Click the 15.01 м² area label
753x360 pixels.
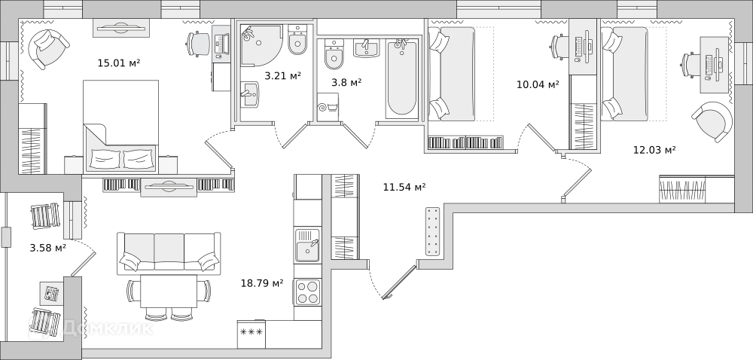119,63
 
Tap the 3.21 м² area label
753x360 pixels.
283,75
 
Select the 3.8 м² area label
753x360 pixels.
346,83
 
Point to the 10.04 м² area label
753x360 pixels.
538,85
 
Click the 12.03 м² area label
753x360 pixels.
654,150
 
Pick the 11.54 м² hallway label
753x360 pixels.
404,188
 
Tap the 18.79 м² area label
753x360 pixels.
262,284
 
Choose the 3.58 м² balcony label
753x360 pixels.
48,249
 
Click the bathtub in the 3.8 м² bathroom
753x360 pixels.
401,79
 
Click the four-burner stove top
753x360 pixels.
307,291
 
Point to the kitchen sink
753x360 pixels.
307,246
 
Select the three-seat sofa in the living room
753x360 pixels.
169,253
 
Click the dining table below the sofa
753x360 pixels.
169,291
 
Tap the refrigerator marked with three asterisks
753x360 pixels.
252,334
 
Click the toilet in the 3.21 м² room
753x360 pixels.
297,39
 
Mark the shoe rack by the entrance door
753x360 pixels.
433,231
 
